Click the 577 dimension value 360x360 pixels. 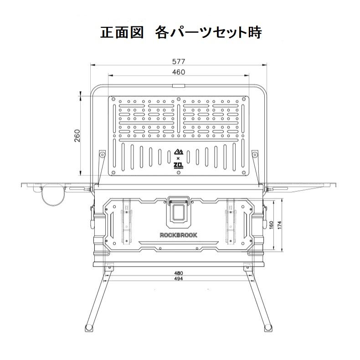(179, 61)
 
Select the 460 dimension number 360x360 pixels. (179, 72)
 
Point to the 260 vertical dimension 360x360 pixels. (77, 136)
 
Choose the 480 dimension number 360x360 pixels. (179, 273)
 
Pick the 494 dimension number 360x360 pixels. (179, 279)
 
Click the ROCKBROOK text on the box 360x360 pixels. (179, 235)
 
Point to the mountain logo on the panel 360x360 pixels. (179, 152)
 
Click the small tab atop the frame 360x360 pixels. (179, 86)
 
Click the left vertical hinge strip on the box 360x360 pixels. (125, 221)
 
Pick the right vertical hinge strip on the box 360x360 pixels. (231, 221)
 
